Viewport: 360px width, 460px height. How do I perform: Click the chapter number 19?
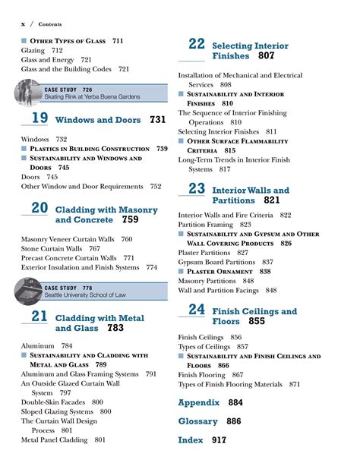click(39, 118)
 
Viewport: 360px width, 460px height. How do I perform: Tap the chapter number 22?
click(197, 44)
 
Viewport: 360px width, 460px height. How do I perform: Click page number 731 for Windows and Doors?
click(157, 120)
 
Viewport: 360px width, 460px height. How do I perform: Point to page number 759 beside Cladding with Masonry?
click(130, 220)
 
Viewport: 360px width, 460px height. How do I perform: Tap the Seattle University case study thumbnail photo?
click(27, 291)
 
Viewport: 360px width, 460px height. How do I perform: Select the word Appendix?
click(199, 403)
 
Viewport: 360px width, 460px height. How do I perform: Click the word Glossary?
click(198, 421)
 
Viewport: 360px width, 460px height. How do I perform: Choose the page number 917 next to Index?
click(219, 440)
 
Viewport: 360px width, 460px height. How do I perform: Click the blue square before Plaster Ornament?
click(182, 271)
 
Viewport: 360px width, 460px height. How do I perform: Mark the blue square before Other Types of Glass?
click(24, 40)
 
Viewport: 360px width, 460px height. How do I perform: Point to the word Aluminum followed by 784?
click(38, 345)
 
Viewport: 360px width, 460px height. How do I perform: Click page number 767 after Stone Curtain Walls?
click(94, 248)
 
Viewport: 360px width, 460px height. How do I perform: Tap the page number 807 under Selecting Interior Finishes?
click(266, 56)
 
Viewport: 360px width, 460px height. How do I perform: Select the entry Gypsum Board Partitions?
click(215, 262)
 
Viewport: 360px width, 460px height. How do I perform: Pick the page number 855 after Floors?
click(256, 322)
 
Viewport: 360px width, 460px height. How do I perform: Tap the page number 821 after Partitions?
click(272, 200)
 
